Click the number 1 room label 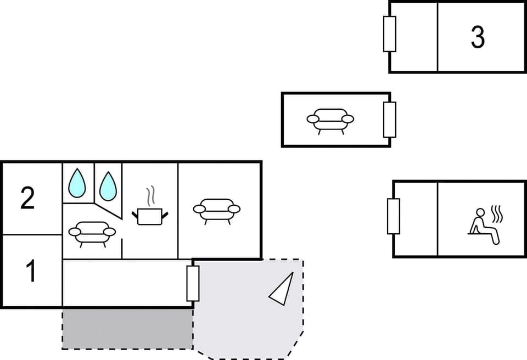tap(31, 272)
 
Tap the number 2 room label tap(27, 198)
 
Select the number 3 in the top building tap(478, 37)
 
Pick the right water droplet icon tap(108, 185)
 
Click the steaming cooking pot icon tap(149, 215)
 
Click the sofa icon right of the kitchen tap(217, 209)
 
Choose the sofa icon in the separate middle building tap(330, 119)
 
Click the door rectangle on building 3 tap(390, 34)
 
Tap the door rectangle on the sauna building tap(394, 216)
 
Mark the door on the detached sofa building tap(390, 119)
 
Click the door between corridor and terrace tap(193, 283)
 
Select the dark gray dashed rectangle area tap(127, 328)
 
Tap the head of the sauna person tap(480, 212)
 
